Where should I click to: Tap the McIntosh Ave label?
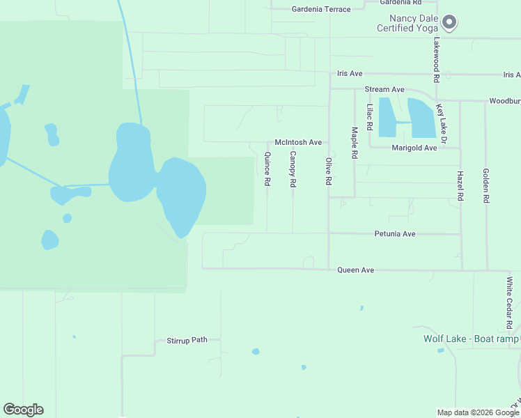[298, 142]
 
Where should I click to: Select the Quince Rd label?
[267, 169]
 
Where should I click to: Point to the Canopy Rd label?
[293, 169]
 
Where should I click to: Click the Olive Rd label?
[328, 171]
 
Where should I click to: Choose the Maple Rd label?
[355, 141]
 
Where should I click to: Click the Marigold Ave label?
[414, 148]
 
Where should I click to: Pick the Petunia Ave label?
[394, 234]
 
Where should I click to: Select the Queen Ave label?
[355, 270]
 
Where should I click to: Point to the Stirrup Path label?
[187, 341]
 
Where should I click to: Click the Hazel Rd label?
[460, 186]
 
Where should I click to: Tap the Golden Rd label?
[485, 185]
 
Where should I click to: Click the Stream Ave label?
[384, 90]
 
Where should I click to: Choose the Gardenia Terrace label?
[318, 9]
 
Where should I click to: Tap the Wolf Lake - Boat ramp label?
[472, 339]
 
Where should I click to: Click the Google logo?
[23, 410]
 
